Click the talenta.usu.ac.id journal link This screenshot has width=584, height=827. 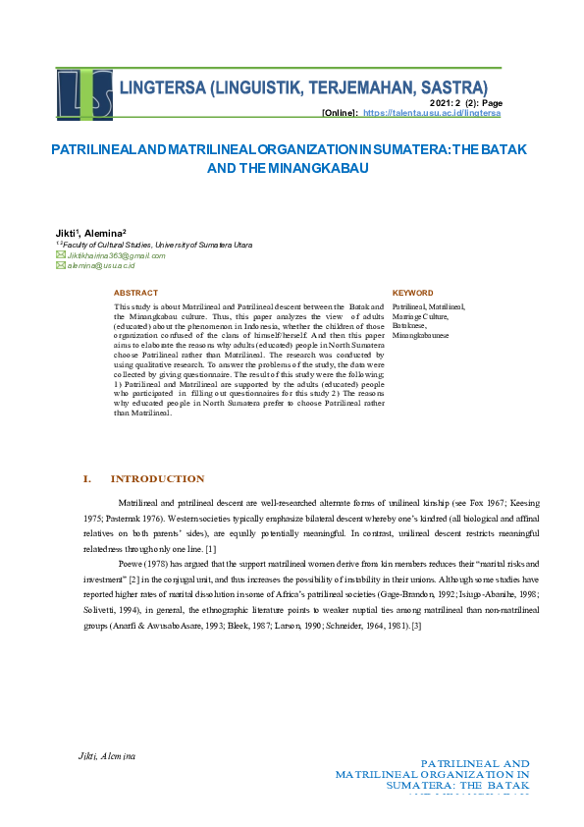[x=432, y=114]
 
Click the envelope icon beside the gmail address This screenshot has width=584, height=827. [x=60, y=254]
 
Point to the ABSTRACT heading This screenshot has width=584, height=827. [x=135, y=293]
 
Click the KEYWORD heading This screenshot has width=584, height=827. [x=412, y=293]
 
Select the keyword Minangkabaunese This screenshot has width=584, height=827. [x=421, y=335]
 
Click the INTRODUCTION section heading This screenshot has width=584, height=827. [x=157, y=479]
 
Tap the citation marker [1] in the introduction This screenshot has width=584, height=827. [x=211, y=548]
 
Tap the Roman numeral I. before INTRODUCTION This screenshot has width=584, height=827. [x=86, y=479]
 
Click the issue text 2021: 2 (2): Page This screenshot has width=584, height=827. [x=466, y=103]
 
